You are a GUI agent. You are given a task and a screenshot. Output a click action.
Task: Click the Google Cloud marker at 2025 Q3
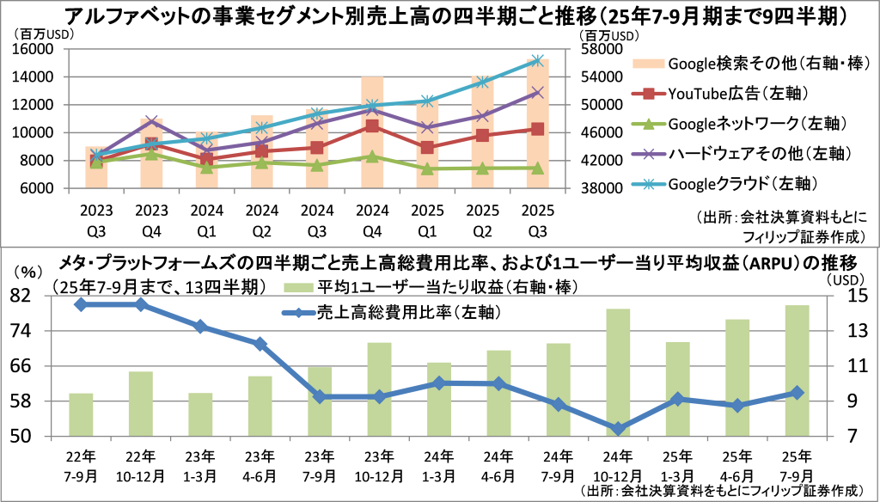point(538,60)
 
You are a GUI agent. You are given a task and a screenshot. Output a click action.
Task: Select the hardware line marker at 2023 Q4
point(151,121)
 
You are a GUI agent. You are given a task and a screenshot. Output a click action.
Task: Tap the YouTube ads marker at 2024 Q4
point(371,126)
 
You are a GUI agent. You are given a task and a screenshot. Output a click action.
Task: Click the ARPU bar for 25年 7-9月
point(797,370)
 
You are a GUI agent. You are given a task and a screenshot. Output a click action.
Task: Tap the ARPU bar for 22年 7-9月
point(81,414)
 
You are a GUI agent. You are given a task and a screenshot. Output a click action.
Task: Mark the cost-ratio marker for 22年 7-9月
point(81,304)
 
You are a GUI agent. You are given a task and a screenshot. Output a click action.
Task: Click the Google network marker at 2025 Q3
point(538,168)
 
